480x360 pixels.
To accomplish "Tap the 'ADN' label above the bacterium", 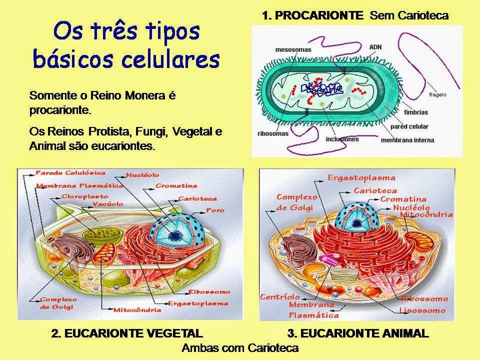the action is tap(375, 46).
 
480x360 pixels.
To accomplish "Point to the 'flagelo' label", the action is tap(437, 94).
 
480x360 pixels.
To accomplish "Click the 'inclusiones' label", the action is tap(341, 139).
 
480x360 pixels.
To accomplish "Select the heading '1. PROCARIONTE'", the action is tap(312, 15).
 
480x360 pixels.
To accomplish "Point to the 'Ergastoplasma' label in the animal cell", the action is tap(361, 177).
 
